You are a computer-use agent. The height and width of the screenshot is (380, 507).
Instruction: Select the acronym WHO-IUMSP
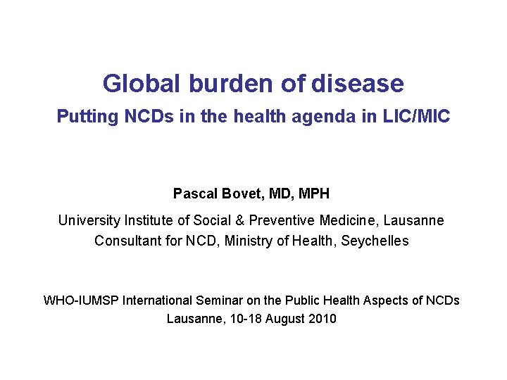point(81,300)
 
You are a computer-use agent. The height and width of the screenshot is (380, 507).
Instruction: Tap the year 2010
point(322,319)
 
